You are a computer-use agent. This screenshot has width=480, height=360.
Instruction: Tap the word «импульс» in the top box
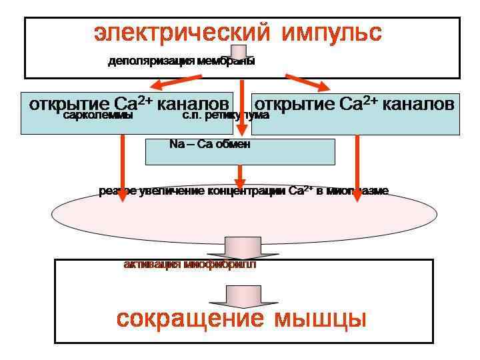tap(331, 32)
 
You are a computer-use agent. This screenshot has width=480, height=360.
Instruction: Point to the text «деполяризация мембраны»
tap(181, 62)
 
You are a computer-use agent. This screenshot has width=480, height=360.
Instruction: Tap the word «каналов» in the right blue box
tap(419, 105)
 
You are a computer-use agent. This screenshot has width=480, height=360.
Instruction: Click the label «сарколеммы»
tap(98, 115)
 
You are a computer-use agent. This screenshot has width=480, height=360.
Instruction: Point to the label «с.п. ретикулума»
tap(225, 115)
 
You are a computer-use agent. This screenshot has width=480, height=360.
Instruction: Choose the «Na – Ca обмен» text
tap(210, 144)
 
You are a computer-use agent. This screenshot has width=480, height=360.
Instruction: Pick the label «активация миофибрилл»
tap(189, 265)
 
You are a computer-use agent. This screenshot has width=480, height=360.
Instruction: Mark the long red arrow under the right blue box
tap(357, 167)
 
